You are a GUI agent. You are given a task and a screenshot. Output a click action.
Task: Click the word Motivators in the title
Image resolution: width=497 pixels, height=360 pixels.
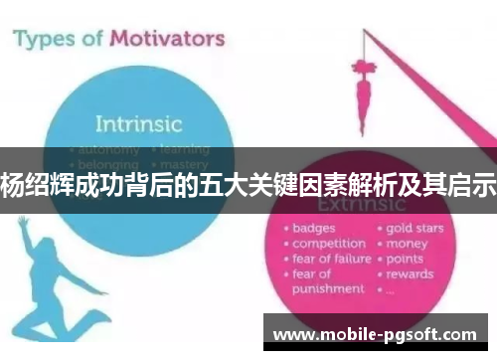tap(164, 40)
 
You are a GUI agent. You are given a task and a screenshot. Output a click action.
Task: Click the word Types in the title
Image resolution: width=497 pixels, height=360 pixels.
tap(48, 40)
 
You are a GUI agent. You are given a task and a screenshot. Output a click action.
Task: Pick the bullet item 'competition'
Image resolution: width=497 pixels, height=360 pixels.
tap(329, 243)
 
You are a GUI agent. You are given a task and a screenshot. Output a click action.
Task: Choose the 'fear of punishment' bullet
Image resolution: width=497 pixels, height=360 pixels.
tap(326, 281)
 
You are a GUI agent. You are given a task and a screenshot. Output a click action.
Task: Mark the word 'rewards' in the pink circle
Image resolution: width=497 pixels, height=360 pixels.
tap(410, 273)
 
